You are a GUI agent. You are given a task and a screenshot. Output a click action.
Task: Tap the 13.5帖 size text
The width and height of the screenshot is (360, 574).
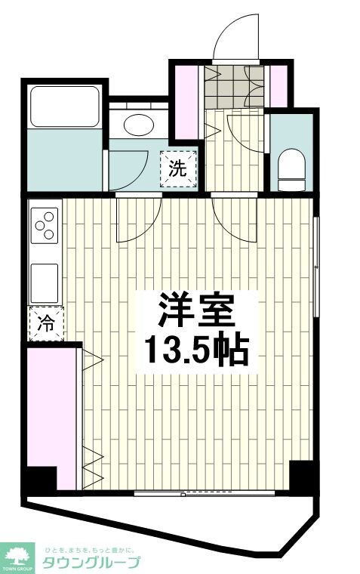[x=195, y=349]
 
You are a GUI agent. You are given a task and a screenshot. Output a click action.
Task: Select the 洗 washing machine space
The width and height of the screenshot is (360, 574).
[x=178, y=168]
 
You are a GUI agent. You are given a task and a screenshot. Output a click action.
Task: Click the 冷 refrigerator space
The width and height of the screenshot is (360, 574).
[x=46, y=324]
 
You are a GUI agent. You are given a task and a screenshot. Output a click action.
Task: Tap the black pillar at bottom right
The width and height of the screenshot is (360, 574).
[x=303, y=474]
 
